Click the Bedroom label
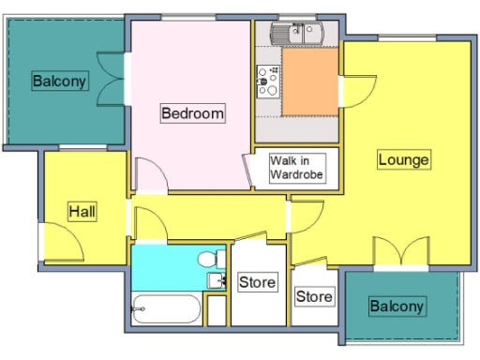pyautogui.click(x=192, y=113)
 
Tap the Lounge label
pyautogui.click(x=403, y=159)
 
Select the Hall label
pyautogui.click(x=82, y=213)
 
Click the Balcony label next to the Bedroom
pyautogui.click(x=60, y=81)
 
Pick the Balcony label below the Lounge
pyautogui.click(x=397, y=306)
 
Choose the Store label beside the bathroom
pyautogui.click(x=258, y=282)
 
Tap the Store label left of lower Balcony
pyautogui.click(x=314, y=297)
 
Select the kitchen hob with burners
pyautogui.click(x=266, y=82)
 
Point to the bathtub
pyautogui.click(x=166, y=308)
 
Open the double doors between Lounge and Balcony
pyautogui.click(x=402, y=253)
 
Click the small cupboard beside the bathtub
pyautogui.click(x=217, y=310)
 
